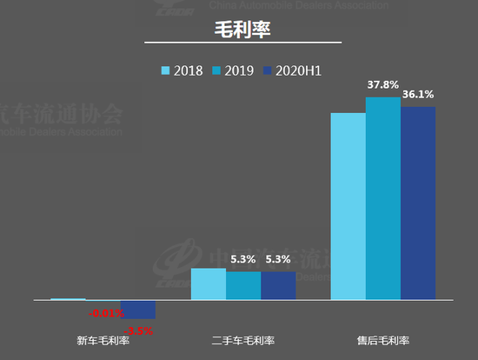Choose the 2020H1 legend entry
point(292,70)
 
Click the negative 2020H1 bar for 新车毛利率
point(138,310)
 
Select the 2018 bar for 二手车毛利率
point(209,283)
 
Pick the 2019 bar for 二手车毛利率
point(243,286)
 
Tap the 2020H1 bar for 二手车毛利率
point(278,286)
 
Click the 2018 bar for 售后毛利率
point(348,206)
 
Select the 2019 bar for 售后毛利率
point(383,198)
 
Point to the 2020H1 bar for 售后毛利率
point(418,203)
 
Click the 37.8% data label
point(383,85)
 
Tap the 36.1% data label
point(418,95)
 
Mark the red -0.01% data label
point(108,313)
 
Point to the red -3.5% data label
point(139,330)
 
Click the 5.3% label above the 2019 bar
point(243,259)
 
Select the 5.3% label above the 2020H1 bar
point(279,259)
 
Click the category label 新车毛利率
point(103,341)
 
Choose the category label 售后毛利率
point(383,341)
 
